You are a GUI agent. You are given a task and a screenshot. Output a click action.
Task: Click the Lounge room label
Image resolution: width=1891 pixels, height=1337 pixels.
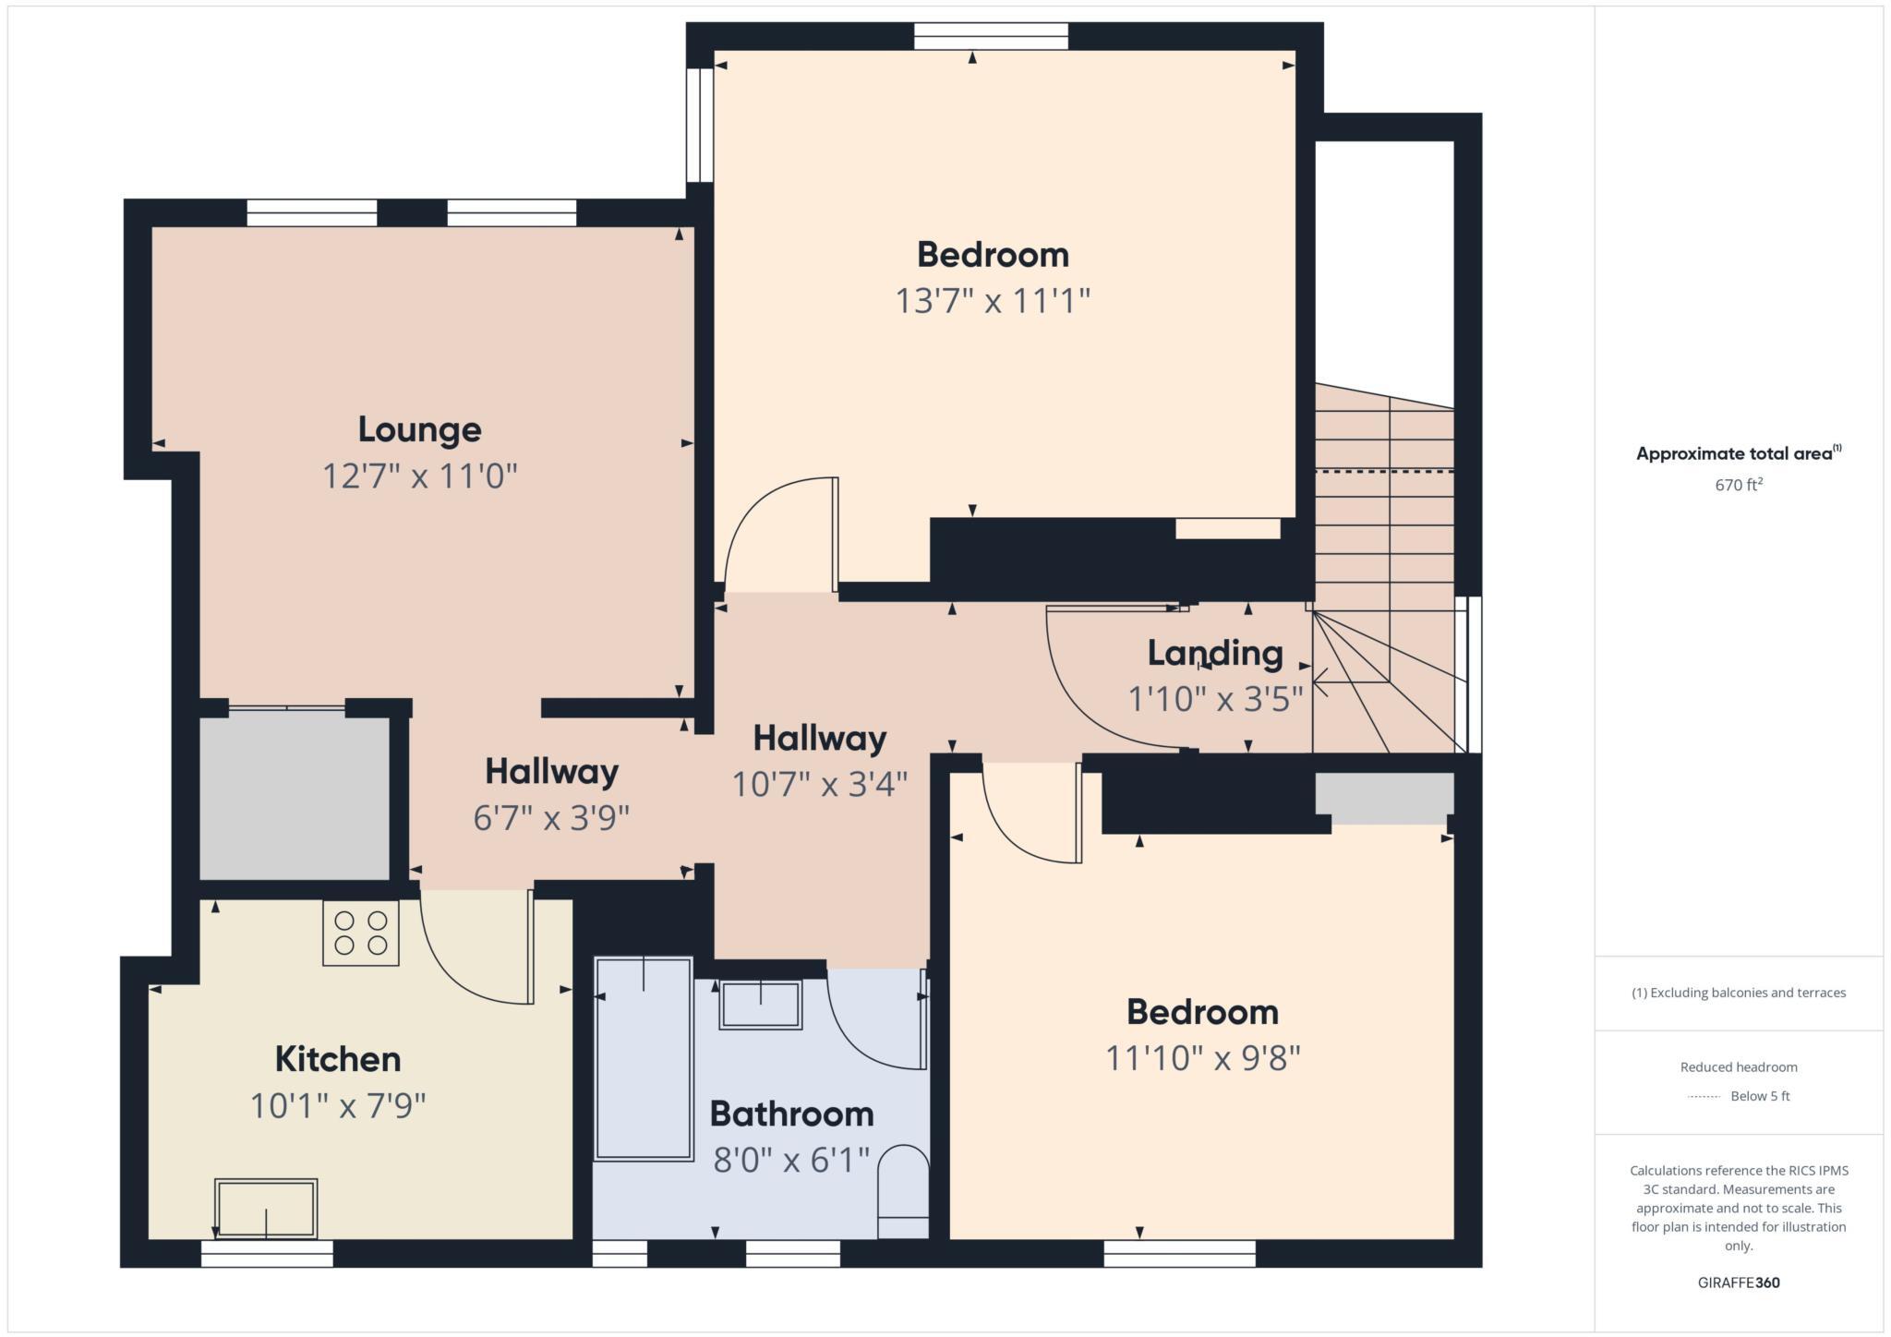pos(419,430)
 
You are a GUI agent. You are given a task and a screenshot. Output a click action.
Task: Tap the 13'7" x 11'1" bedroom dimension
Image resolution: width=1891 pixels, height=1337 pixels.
pos(993,301)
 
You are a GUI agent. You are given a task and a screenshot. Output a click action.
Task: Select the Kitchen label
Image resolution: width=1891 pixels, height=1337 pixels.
pos(338,1059)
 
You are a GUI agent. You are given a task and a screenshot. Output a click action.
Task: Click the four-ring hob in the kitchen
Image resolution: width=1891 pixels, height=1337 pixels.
pos(361,933)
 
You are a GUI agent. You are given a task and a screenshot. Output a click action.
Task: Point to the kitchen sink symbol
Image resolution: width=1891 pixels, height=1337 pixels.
pos(266,1208)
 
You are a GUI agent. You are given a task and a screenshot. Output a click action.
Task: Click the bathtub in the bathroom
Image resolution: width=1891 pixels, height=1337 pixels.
pos(644,1059)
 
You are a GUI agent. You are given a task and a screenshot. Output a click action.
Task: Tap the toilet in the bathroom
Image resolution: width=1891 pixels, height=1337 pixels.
pos(902,1191)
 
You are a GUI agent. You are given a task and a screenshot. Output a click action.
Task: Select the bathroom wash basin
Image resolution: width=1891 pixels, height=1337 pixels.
pos(760,1005)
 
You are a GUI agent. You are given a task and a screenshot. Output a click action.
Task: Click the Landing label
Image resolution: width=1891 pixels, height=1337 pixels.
pos(1215,654)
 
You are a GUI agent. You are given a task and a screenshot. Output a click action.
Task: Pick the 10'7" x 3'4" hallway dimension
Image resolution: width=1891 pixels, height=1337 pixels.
pos(819,785)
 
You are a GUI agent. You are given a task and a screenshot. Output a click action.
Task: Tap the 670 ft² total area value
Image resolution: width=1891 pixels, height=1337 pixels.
pos(1739,485)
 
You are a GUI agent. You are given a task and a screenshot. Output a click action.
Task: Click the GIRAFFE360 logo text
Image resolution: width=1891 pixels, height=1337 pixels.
pos(1739,1283)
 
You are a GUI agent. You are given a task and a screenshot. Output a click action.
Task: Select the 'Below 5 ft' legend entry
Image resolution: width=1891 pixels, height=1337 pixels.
pos(1759,1096)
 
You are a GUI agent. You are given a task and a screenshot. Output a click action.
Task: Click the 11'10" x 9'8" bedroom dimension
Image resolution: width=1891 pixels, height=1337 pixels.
pos(1202,1058)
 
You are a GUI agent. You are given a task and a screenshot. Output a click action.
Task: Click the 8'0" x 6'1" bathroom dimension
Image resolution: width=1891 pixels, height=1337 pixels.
pos(791,1160)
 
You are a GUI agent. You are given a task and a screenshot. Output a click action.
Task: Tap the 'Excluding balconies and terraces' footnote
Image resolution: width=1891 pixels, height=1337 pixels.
pos(1739,993)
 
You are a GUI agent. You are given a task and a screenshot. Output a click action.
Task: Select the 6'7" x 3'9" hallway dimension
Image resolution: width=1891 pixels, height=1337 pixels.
pos(551,818)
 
